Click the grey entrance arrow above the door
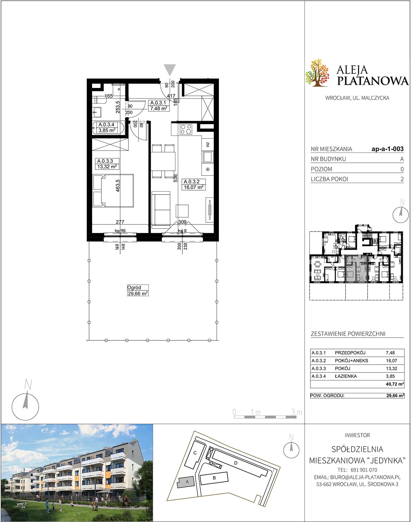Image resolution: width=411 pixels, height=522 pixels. click(x=170, y=70)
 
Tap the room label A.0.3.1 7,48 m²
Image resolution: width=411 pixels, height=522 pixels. click(x=159, y=106)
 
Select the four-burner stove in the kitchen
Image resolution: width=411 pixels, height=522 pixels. click(x=186, y=129)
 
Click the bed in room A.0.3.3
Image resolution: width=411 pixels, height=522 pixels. click(x=113, y=191)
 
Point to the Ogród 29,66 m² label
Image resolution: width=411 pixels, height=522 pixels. click(x=138, y=290)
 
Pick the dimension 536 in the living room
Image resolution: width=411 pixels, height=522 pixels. click(x=175, y=178)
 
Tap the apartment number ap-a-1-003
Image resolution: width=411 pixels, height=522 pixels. click(x=388, y=149)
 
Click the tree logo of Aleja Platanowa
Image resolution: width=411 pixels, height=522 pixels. click(x=317, y=73)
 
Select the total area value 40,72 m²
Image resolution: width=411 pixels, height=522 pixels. click(x=395, y=384)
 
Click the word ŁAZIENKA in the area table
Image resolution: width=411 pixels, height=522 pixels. click(x=346, y=376)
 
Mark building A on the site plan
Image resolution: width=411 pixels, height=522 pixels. click(x=187, y=482)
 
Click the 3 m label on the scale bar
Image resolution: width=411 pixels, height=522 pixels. click(x=297, y=412)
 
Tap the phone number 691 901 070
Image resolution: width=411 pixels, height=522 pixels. click(x=364, y=470)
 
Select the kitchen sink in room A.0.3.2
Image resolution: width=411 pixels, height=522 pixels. click(x=208, y=157)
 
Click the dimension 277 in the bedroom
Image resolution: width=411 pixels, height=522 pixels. click(x=120, y=222)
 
